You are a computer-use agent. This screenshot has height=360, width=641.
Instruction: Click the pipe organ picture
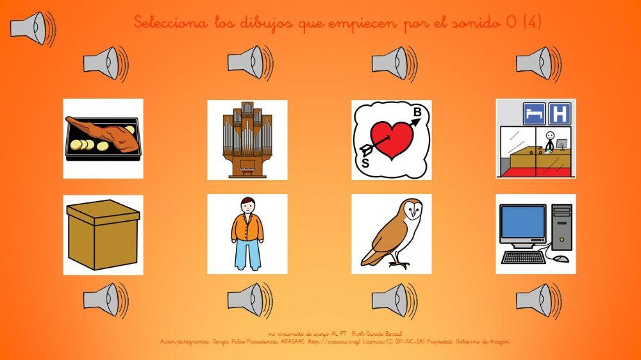click(x=247, y=139)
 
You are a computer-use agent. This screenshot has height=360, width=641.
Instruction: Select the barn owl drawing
click(x=391, y=234)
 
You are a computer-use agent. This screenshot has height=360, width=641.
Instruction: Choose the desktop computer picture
click(x=535, y=234)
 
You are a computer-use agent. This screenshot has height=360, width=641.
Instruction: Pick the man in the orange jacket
click(x=247, y=234)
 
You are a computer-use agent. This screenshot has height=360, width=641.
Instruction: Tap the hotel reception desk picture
click(x=535, y=139)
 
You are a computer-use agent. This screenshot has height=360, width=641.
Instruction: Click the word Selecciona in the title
click(x=171, y=23)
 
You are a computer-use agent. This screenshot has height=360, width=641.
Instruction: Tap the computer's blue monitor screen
click(x=522, y=225)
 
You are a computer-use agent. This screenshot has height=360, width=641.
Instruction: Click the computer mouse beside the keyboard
click(x=561, y=258)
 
